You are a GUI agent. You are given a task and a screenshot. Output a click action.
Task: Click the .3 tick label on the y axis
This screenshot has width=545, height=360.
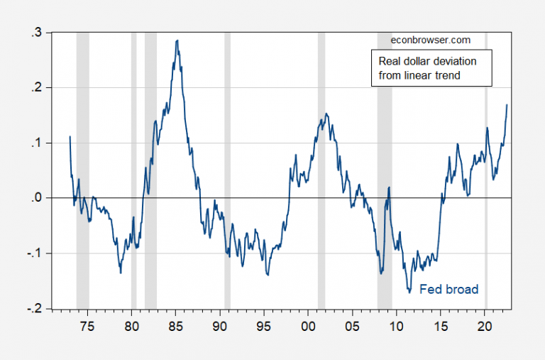(36, 33)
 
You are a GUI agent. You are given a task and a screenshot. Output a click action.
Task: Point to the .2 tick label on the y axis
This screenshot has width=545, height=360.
(36, 88)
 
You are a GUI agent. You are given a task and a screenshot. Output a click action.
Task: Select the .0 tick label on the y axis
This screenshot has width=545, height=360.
(36, 198)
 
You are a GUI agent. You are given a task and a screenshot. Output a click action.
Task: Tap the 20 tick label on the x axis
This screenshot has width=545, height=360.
(485, 325)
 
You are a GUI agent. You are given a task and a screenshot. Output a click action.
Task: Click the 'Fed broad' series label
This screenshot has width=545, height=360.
(448, 289)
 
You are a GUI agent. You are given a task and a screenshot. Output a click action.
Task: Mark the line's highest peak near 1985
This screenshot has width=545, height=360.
(177, 40)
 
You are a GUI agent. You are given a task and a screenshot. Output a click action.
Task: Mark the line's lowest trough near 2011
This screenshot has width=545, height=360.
(409, 290)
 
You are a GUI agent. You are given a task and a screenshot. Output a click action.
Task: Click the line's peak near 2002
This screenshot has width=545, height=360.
(326, 114)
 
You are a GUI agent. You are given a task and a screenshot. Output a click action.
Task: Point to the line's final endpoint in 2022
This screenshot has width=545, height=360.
(507, 104)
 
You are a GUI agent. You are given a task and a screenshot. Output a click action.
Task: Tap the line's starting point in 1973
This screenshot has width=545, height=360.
(70, 136)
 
